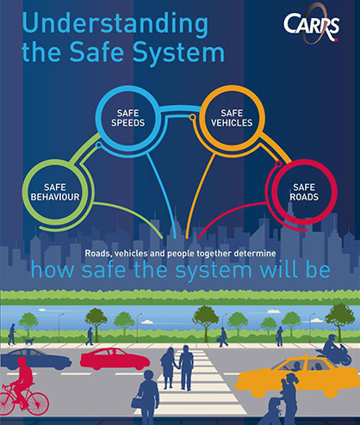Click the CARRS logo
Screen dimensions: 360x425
[312, 24]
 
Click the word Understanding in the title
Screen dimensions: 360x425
[115, 24]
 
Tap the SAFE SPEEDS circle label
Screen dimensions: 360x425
[127, 118]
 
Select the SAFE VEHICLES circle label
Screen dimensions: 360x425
[232, 118]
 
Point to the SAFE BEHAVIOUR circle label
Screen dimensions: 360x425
[55, 192]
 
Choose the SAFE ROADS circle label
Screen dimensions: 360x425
[304, 192]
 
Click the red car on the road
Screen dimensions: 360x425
[115, 359]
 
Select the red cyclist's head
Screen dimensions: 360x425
[22, 361]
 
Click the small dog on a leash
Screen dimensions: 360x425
[29, 341]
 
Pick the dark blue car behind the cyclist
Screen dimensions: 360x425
[36, 359]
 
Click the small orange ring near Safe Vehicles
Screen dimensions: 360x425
[193, 117]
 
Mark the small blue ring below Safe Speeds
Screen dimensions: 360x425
[98, 145]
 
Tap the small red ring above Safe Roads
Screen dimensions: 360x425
[278, 164]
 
